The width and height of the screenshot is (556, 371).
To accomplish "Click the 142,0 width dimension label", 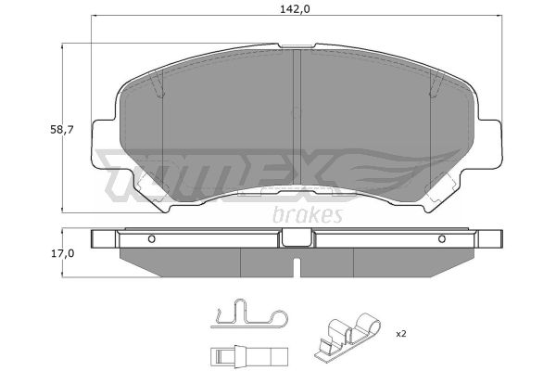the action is [x=295, y=9].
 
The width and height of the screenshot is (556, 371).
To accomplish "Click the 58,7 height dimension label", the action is [x=62, y=130].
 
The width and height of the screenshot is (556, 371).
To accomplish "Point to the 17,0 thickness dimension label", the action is [x=62, y=253].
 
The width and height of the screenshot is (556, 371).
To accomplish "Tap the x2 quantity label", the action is [x=400, y=334].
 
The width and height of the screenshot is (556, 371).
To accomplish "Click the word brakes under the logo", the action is [x=308, y=215].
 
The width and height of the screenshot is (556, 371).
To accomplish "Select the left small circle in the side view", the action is [x=151, y=239].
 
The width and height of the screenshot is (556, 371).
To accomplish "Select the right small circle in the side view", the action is [x=442, y=239].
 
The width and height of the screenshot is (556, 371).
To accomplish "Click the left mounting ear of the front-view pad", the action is [x=104, y=144].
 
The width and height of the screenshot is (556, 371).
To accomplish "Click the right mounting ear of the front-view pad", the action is [x=490, y=144].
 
